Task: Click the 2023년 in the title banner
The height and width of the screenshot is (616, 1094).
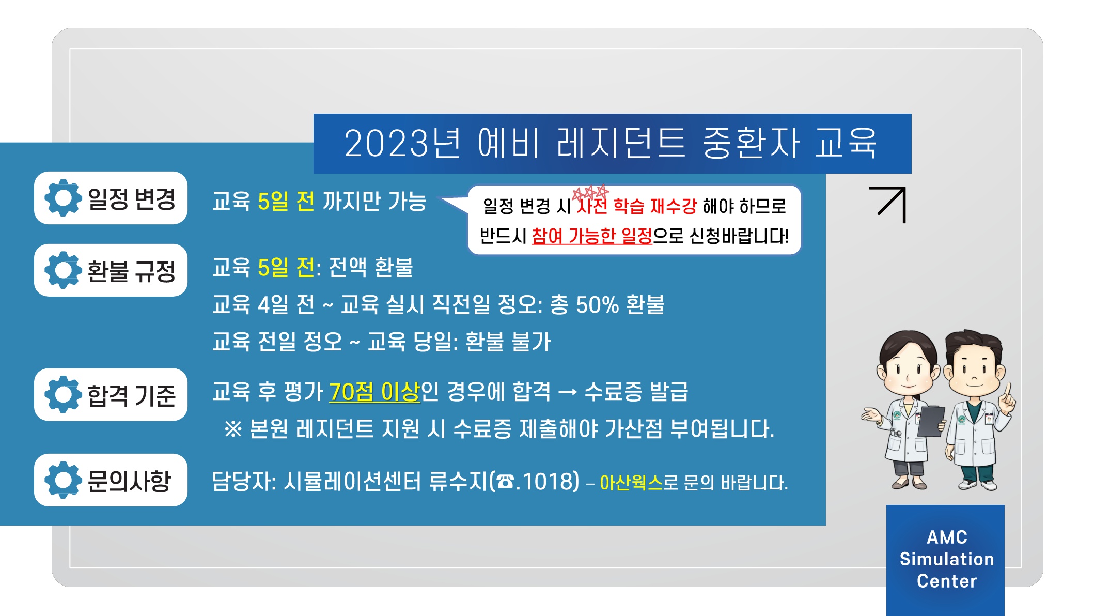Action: [402, 143]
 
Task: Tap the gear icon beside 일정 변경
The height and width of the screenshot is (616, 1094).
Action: [63, 198]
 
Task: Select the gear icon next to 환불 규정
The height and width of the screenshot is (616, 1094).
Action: [63, 270]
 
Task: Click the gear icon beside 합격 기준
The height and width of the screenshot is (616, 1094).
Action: [63, 394]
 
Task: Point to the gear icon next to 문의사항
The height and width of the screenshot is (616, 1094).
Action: [63, 480]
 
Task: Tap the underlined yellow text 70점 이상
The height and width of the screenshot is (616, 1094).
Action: [374, 392]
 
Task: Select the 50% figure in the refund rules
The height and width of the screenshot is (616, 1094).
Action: [597, 305]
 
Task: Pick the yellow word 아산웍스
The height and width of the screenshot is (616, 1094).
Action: [631, 483]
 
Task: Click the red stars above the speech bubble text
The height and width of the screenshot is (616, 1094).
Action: [590, 193]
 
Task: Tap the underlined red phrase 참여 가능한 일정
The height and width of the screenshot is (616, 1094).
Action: [592, 236]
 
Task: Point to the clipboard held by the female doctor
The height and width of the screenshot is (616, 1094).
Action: [931, 421]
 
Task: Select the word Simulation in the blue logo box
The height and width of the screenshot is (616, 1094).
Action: [947, 559]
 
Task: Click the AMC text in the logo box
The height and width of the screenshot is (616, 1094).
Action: [947, 537]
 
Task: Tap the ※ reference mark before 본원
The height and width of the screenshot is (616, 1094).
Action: [233, 429]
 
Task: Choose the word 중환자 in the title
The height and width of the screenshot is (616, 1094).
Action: [752, 143]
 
